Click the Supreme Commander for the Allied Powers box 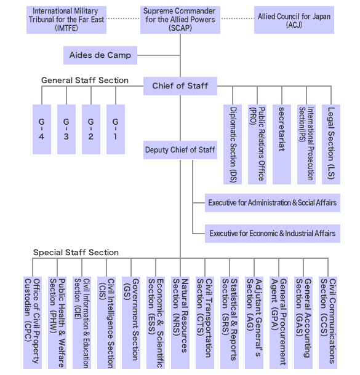click(x=179, y=20)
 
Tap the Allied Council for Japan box click(x=294, y=20)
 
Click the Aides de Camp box click(x=100, y=55)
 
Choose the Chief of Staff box click(x=180, y=86)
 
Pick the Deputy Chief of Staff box click(x=180, y=149)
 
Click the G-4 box click(x=41, y=129)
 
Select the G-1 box click(x=115, y=129)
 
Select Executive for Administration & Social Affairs click(x=272, y=203)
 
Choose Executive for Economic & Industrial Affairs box click(x=272, y=234)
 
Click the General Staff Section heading click(x=85, y=81)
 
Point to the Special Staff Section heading click(x=76, y=253)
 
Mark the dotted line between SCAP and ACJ click(x=238, y=19)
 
